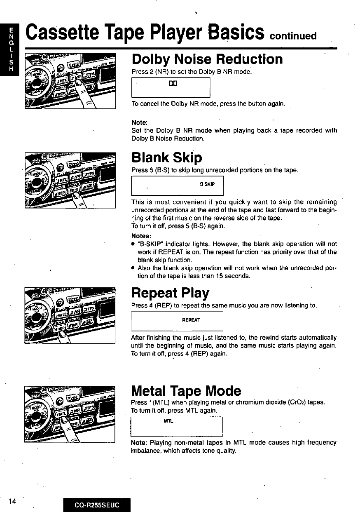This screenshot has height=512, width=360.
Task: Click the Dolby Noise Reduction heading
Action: pyautogui.click(x=207, y=59)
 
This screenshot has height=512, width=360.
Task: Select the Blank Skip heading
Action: pyautogui.click(x=166, y=157)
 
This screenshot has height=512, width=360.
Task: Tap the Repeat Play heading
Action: pyautogui.click(x=170, y=293)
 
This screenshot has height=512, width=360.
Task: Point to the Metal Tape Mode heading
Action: pyautogui.click(x=186, y=390)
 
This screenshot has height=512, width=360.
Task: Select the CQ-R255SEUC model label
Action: pyautogui.click(x=97, y=505)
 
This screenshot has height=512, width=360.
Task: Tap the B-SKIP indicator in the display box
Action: pyautogui.click(x=207, y=184)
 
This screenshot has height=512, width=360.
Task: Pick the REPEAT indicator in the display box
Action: pyautogui.click(x=191, y=320)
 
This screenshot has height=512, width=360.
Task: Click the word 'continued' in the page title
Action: pyautogui.click(x=292, y=35)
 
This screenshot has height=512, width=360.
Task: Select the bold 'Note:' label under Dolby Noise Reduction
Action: pyautogui.click(x=139, y=123)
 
